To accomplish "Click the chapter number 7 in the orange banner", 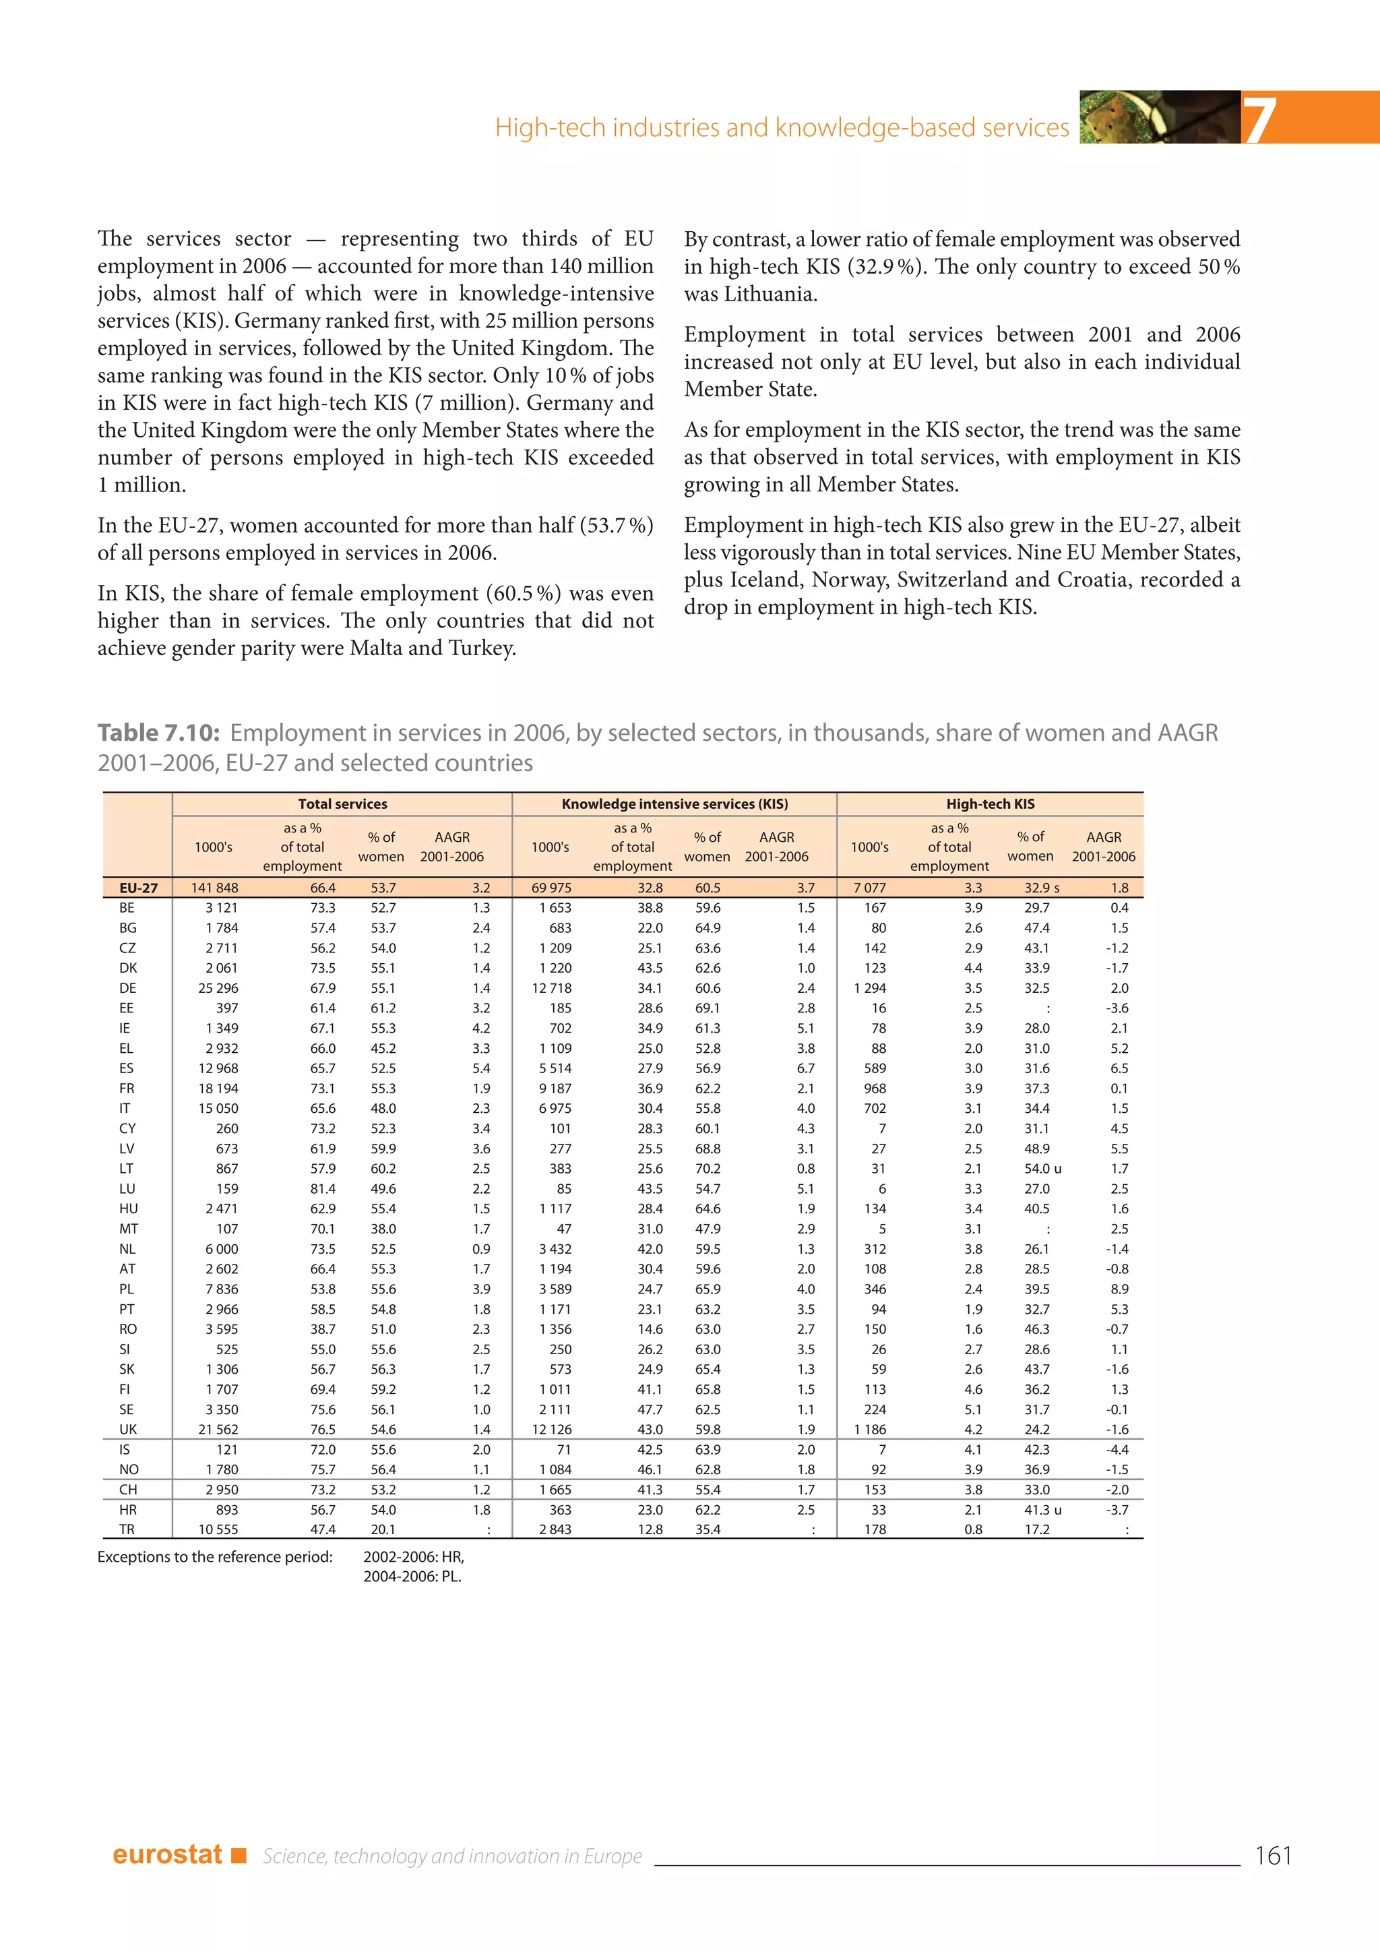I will pos(1259,120).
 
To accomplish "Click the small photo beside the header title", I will pos(1160,117).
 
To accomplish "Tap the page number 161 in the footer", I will pos(1272,1855).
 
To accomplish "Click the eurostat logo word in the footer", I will pos(167,1854).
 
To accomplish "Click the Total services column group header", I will pos(342,804).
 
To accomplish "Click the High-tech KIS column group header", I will pos(990,804).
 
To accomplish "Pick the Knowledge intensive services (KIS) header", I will pos(675,804).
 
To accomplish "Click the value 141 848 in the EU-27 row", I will pos(214,888).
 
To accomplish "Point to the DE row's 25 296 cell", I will pos(218,988).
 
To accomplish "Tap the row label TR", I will pos(127,1529).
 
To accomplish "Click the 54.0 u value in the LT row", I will pos(1042,1169).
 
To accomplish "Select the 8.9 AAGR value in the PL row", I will pos(1119,1289).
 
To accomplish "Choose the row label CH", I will pos(128,1490).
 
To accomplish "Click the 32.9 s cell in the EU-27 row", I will pos(1041,888).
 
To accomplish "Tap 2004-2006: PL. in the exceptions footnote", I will pos(412,1576).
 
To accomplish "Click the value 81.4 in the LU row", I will pos(323,1188).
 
